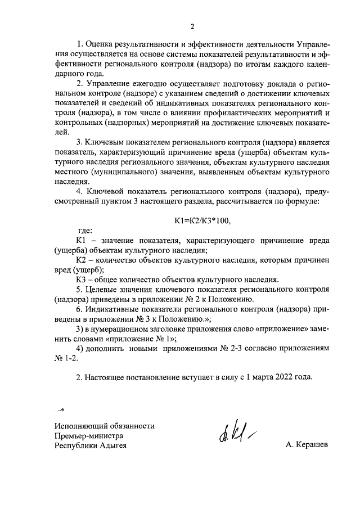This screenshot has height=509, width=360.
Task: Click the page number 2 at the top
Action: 192,26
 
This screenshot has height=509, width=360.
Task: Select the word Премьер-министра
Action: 89,436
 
